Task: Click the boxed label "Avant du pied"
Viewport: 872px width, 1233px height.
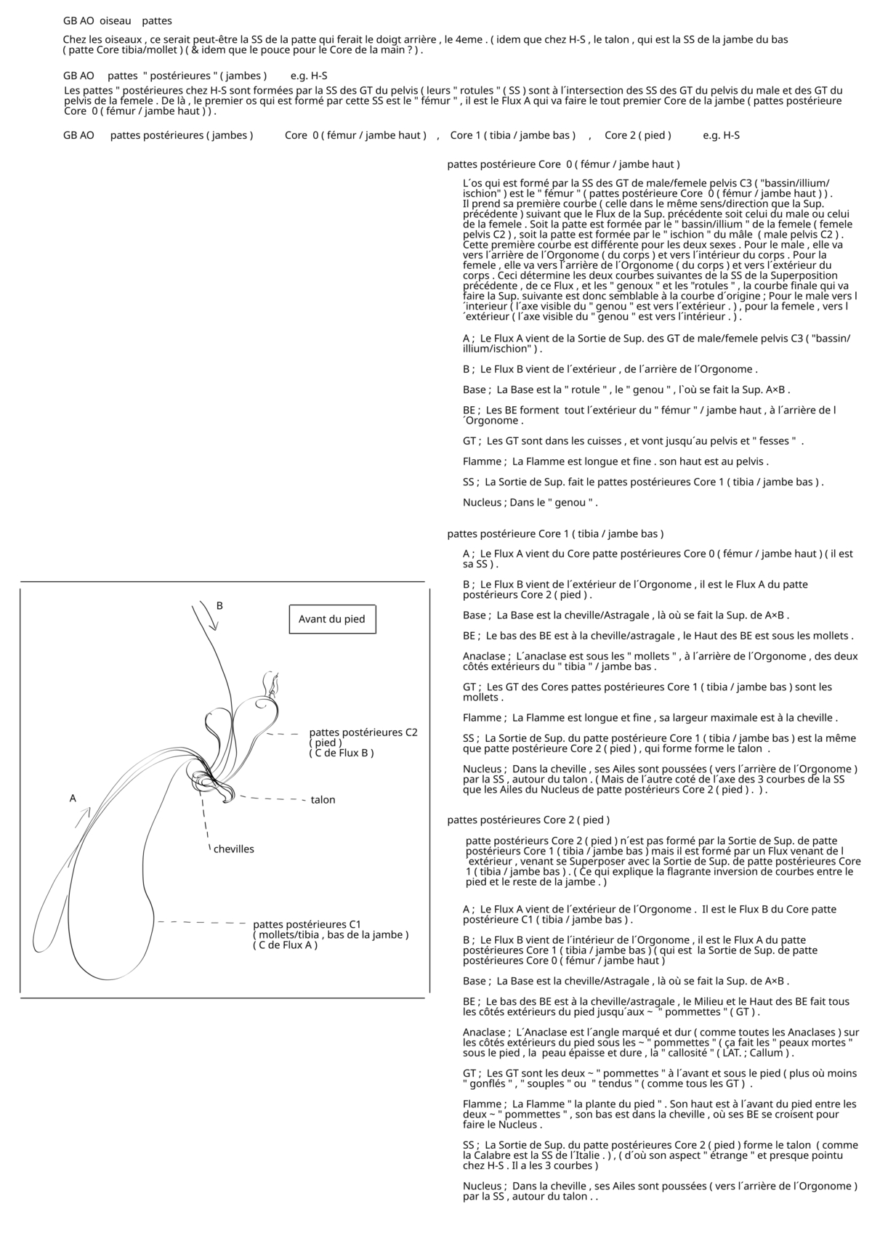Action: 331,619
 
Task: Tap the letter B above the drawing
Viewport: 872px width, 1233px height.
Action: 219,605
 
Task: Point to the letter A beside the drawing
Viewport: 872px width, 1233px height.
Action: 73,798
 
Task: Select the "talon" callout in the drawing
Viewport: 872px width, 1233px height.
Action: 323,799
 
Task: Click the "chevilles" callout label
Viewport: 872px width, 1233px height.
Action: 233,849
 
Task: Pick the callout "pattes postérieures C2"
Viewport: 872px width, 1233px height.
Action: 363,732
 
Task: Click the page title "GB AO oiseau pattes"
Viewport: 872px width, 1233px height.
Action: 118,21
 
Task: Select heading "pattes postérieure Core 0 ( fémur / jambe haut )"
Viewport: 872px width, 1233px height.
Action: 563,164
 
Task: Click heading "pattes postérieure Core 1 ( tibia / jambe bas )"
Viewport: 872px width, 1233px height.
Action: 555,533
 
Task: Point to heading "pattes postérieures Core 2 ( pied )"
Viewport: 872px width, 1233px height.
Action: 528,820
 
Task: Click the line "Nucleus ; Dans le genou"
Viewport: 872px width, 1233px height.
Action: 530,502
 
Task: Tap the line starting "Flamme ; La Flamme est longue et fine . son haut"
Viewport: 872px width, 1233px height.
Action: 615,461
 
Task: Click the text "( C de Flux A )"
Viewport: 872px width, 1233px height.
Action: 285,945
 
